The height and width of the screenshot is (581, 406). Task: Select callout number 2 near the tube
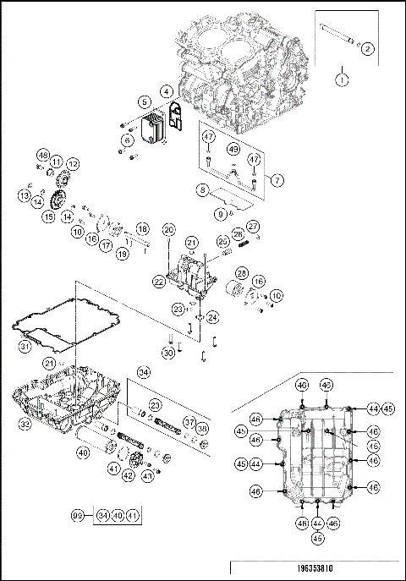tap(367, 49)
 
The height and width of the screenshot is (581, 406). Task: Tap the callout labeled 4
tap(167, 90)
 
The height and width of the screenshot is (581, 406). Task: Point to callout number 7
tap(275, 180)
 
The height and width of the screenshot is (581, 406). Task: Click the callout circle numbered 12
tap(74, 163)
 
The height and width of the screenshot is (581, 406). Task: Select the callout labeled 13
tap(25, 195)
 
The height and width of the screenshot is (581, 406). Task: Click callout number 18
tap(142, 229)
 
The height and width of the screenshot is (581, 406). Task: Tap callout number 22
tap(159, 279)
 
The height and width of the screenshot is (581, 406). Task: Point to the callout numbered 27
tap(252, 226)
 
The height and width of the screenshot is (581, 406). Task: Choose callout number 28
tap(242, 273)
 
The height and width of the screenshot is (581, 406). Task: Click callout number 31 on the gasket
tap(25, 344)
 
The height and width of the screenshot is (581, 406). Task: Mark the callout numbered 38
tap(201, 428)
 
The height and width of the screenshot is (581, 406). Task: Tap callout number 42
tap(128, 475)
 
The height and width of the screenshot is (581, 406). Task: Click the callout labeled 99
tap(78, 515)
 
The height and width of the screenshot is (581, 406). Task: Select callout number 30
tap(170, 352)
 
